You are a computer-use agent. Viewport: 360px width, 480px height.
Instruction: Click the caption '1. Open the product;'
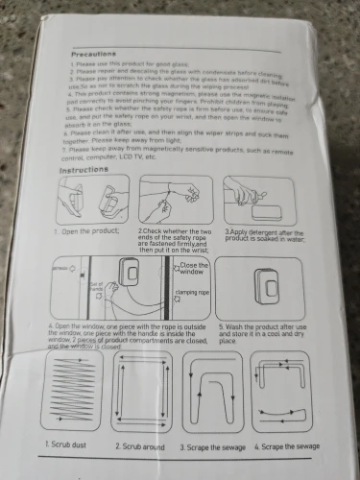point(83,232)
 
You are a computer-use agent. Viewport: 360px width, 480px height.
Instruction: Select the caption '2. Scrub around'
point(143,446)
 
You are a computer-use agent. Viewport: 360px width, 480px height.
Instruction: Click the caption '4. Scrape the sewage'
point(287,447)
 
